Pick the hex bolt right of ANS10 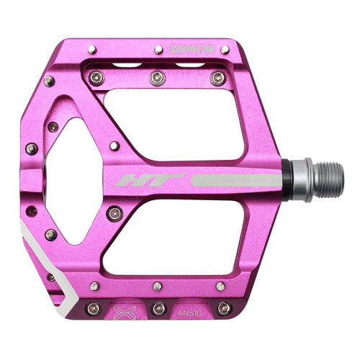pyautogui.click(x=224, y=309)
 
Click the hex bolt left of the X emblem pyautogui.click(x=92, y=309)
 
